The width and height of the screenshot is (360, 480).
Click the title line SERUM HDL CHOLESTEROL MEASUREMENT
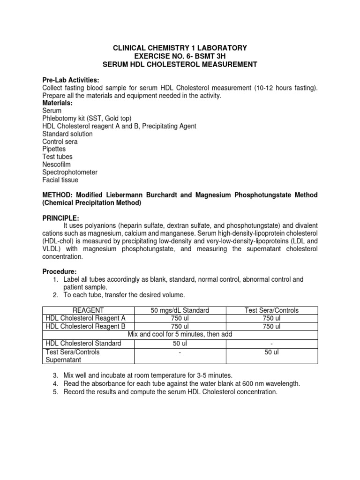pos(180,64)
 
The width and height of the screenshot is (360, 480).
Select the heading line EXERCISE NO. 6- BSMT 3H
pos(180,56)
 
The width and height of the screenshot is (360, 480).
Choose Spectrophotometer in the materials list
pos(70,172)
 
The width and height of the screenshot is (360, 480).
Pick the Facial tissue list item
pos(60,180)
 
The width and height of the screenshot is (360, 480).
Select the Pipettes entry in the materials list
pos(54,149)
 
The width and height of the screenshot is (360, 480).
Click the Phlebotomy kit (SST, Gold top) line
pos(87,119)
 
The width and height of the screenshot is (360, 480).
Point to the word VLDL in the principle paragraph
pos(52,249)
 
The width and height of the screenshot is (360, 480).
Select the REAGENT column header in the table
pos(88,310)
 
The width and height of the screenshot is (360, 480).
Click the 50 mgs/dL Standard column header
pos(180,310)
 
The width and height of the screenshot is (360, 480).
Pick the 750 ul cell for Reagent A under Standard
pos(180,318)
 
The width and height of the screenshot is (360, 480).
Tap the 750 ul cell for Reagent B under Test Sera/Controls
pos(272,326)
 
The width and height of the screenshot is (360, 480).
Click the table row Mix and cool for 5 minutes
pos(180,334)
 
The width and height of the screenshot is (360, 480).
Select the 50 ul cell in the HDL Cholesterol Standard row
pos(180,343)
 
